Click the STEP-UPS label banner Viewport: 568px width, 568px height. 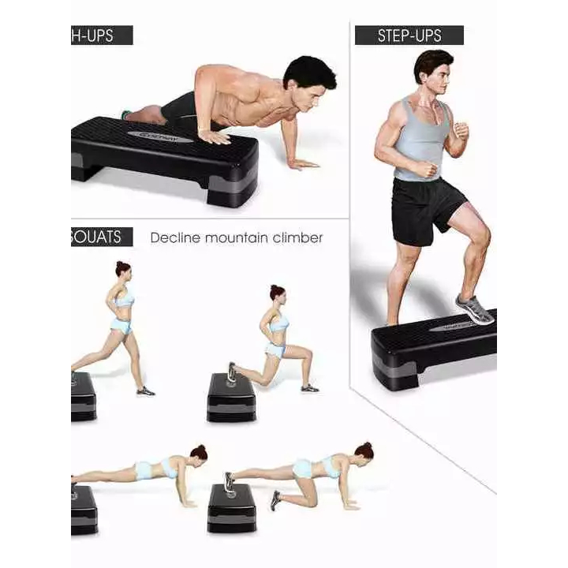(409, 35)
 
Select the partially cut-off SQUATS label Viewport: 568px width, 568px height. (98, 237)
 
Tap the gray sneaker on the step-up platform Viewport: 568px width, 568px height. (475, 309)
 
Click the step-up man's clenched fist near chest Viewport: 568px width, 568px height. (461, 131)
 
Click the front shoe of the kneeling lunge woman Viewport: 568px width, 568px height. (309, 387)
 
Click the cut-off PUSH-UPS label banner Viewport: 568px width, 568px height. (101, 35)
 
